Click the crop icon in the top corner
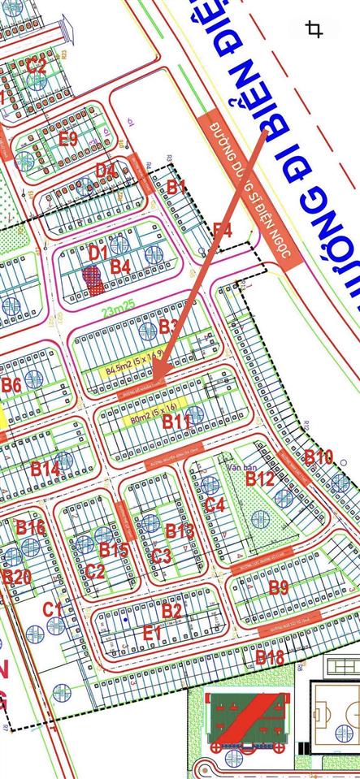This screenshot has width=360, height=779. (314, 30)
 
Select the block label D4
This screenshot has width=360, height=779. (106, 171)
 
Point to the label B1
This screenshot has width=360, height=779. (176, 187)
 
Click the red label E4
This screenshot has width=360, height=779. (223, 231)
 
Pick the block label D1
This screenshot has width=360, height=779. (98, 253)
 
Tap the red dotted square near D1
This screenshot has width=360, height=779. (93, 279)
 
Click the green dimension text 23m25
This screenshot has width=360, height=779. (119, 309)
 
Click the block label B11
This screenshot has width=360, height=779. (176, 421)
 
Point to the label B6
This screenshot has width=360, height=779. (11, 385)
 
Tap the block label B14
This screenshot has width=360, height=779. (45, 468)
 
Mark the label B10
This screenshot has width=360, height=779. (318, 457)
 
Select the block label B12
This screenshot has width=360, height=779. (260, 479)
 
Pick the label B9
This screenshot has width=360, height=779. (278, 587)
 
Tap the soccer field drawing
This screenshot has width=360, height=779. (333, 716)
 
